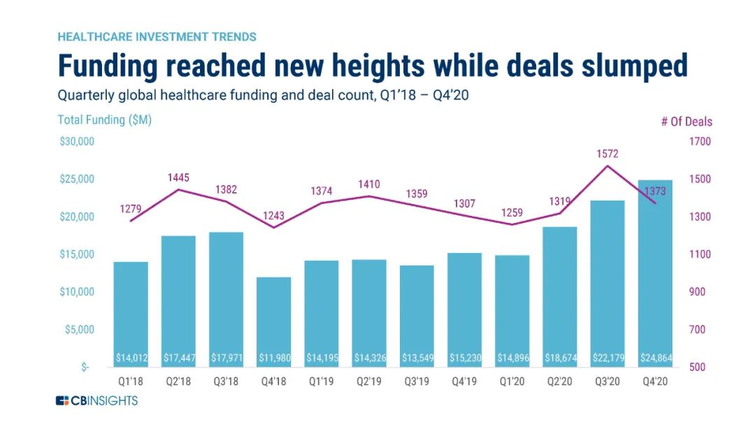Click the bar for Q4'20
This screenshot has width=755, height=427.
[x=655, y=273]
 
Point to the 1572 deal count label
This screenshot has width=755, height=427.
[x=607, y=154]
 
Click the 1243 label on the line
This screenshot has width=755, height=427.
[x=273, y=215]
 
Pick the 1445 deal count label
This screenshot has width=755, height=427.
[x=178, y=178]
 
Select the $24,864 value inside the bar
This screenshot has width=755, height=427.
[x=655, y=359]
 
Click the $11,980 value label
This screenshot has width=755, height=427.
[x=274, y=359]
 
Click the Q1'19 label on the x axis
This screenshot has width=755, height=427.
[x=322, y=382]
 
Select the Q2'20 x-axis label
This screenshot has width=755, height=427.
[x=560, y=382]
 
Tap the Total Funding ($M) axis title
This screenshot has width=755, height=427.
[x=104, y=120]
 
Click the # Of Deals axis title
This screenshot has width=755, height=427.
[x=686, y=122]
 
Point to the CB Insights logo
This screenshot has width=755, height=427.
[x=97, y=400]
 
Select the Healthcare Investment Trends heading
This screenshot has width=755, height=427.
[x=157, y=36]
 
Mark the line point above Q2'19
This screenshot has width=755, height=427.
[x=369, y=196]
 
